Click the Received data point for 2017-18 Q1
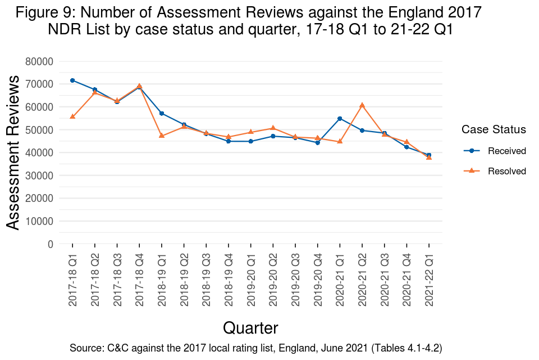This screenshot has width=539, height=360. click(72, 80)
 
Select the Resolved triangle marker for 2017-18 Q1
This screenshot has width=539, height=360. click(72, 116)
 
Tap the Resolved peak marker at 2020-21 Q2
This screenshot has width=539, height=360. click(362, 105)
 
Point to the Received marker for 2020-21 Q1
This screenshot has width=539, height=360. click(340, 118)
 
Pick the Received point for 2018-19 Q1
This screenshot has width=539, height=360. click(162, 113)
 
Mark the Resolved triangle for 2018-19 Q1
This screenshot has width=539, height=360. click(162, 136)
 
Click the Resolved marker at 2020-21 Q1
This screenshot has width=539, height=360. click(340, 141)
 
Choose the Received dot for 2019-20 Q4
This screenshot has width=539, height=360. click(317, 143)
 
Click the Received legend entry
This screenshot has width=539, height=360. click(506, 151)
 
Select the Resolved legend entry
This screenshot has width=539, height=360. click(506, 171)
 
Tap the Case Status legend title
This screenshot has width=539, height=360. click(494, 129)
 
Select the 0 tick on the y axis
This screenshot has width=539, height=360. click(51, 244)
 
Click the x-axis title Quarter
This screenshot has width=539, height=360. click(250, 328)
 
